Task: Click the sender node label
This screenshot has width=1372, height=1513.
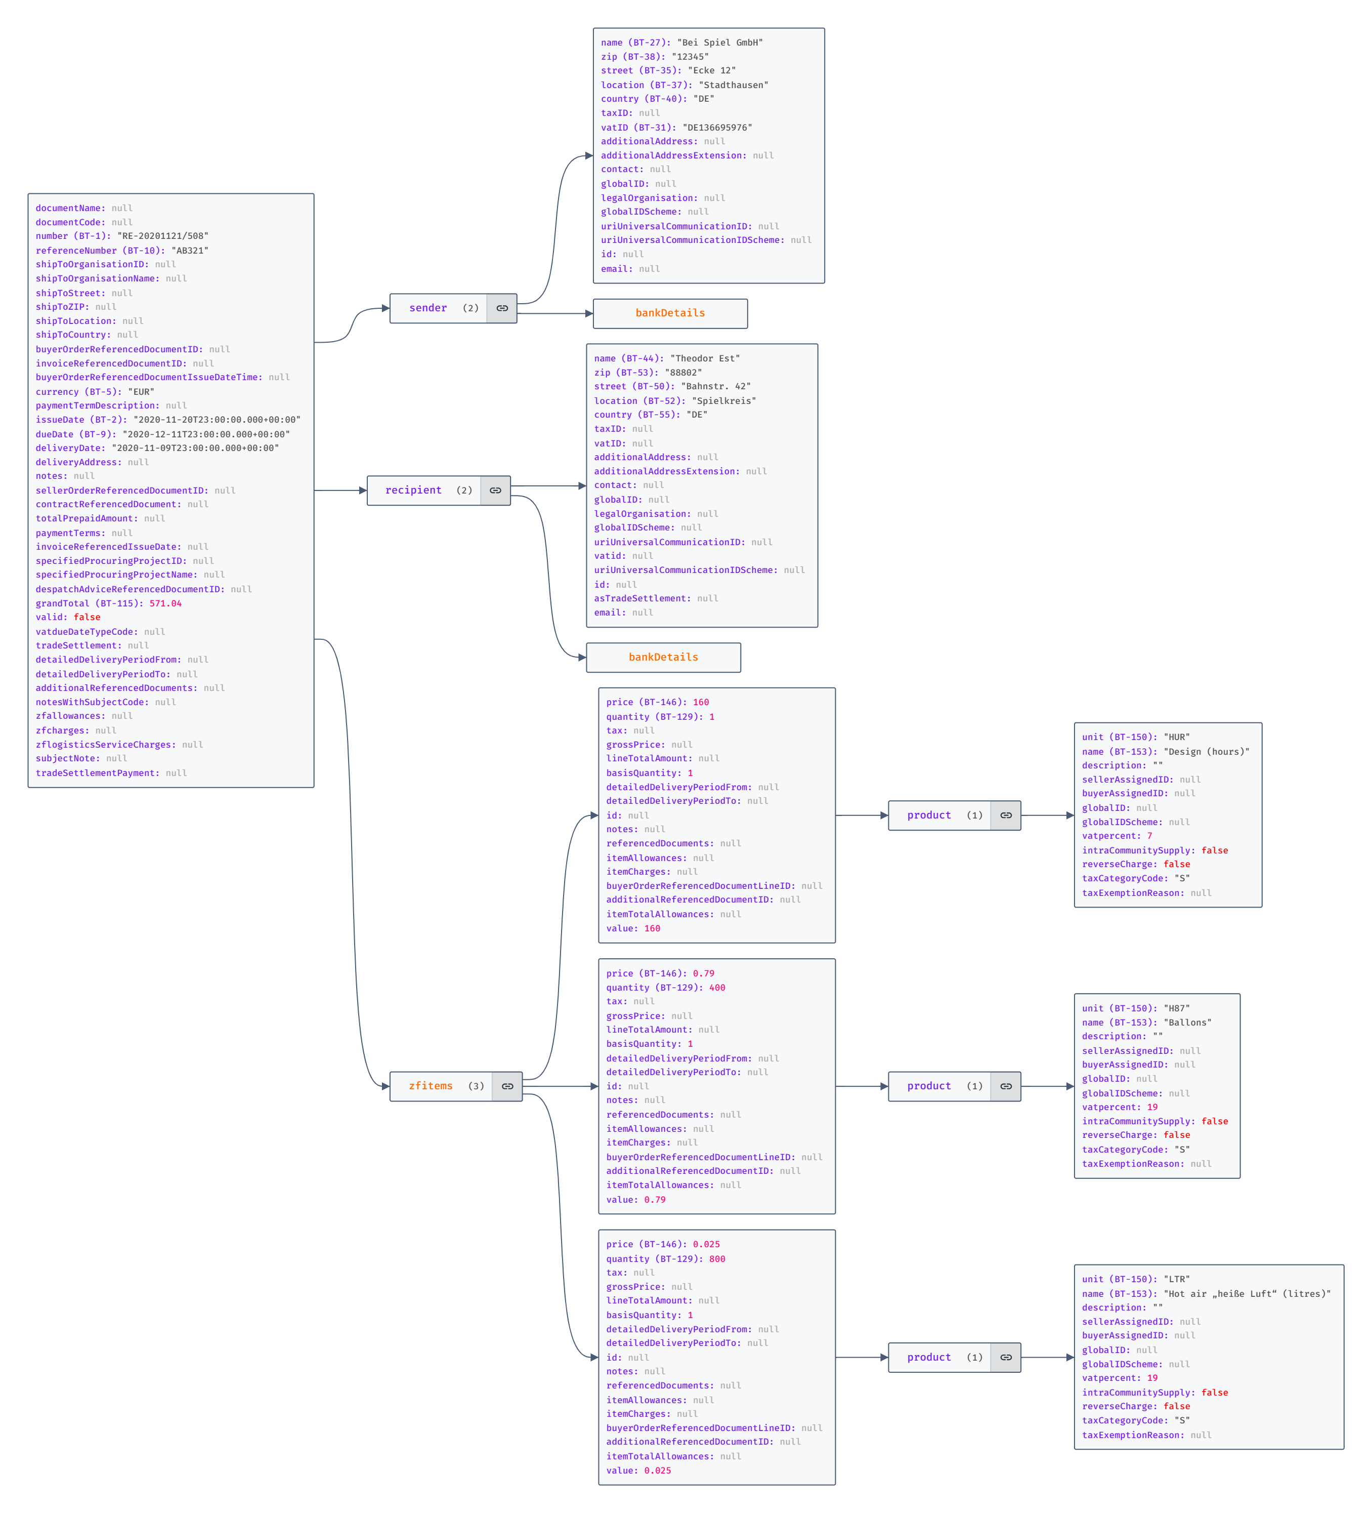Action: [x=427, y=308]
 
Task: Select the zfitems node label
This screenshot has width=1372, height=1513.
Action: [x=431, y=1086]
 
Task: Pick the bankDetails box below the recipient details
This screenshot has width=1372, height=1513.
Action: [x=663, y=658]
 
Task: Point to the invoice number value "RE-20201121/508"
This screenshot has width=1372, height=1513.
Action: [x=163, y=236]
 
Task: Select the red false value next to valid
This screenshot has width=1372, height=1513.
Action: [x=87, y=618]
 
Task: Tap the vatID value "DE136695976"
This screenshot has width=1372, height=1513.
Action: [x=717, y=128]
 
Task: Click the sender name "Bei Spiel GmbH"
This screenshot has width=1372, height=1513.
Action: [x=719, y=43]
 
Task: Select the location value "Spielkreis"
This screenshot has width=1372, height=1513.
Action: [x=724, y=401]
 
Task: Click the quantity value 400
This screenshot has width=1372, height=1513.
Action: [x=717, y=988]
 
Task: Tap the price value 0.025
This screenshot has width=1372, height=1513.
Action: [x=706, y=1244]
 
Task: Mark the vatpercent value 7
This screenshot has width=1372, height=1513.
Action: [x=1149, y=836]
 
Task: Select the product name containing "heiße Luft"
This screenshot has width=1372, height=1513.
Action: [x=1247, y=1294]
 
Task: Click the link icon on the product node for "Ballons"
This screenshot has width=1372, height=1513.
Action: [x=1005, y=1086]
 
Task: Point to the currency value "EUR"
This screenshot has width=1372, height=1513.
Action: [x=141, y=392]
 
